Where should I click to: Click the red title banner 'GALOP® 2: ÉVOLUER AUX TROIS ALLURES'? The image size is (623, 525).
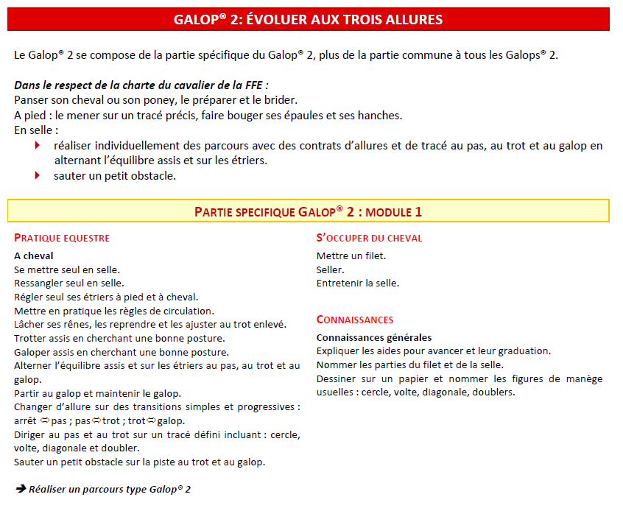point(308,19)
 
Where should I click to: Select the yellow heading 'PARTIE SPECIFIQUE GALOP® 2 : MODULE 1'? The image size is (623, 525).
point(308,211)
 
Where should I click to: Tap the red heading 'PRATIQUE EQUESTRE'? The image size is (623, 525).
point(62,238)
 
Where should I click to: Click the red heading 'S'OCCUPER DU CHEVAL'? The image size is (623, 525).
point(369,238)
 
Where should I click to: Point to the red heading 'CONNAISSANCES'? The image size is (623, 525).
point(355,320)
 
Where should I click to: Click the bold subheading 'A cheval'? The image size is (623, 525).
point(34,256)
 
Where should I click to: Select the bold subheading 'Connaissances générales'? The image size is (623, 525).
point(374,337)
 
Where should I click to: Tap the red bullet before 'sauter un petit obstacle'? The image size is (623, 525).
point(37,175)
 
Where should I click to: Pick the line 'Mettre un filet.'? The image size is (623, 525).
point(351,256)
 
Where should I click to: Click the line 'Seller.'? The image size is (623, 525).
point(331,269)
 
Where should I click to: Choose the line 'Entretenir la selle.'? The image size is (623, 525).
point(358,283)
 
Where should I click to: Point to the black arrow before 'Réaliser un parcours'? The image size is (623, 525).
point(21,488)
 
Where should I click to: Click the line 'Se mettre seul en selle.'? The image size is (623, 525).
point(67,269)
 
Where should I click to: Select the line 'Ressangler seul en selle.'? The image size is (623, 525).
point(69,283)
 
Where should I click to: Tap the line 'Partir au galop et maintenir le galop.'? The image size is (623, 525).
point(97,393)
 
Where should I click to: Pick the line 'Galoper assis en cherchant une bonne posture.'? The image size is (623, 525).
point(122,352)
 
